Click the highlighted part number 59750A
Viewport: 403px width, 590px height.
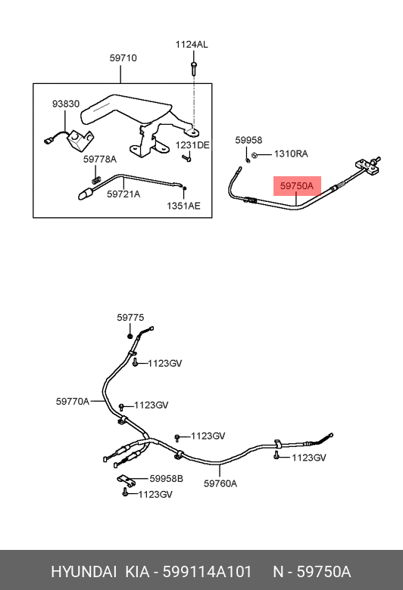(297, 186)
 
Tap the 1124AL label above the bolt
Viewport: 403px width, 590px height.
(192, 45)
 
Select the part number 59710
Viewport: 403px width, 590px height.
(123, 58)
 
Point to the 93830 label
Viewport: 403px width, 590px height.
(66, 104)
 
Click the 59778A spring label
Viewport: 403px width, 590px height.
(100, 159)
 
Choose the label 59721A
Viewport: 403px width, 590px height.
(123, 194)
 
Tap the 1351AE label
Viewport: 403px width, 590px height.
(183, 206)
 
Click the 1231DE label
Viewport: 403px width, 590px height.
(192, 145)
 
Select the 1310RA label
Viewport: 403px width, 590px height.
(291, 154)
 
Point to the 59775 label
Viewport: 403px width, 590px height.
(130, 318)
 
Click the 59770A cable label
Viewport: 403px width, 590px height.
(73, 402)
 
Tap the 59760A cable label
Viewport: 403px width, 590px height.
(220, 483)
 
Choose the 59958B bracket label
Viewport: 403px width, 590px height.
(166, 479)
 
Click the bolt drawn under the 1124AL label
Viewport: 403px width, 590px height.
(194, 69)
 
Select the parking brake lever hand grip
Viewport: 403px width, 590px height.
(127, 109)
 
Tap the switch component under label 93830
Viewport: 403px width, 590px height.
(80, 140)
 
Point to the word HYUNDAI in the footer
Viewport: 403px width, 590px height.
(83, 572)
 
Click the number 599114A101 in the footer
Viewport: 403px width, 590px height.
(207, 572)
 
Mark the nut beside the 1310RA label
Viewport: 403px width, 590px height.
(255, 154)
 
